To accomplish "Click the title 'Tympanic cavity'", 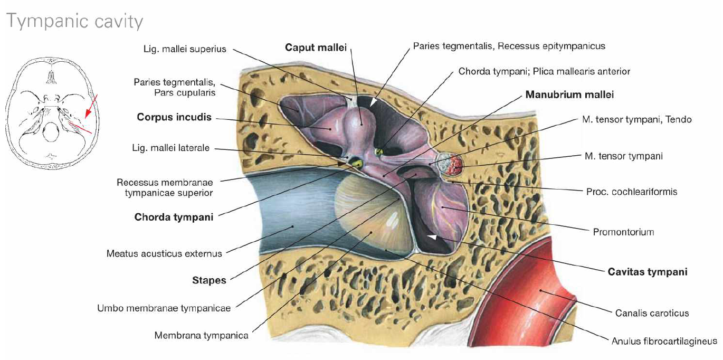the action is point(74,22).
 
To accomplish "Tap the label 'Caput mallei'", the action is point(316,48).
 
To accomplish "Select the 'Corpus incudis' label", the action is point(174,117).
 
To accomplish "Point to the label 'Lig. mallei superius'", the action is point(185,49).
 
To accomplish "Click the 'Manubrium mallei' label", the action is point(569,95).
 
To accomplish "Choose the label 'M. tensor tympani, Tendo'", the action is point(636,120).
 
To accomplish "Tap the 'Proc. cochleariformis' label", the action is point(632,192).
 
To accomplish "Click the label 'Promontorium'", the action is point(623,231).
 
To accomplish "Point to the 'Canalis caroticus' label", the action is point(652,313).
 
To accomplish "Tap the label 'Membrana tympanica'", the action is point(201,335).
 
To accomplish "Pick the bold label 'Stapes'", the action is point(209,280).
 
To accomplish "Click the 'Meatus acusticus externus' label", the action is point(164,253).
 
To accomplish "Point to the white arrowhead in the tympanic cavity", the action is point(432,239).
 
